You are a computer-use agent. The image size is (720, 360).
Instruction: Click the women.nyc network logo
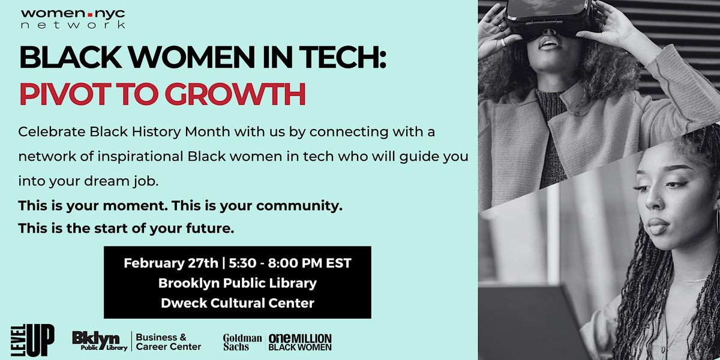[73, 19]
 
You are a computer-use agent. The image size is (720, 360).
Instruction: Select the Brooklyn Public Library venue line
[237, 283]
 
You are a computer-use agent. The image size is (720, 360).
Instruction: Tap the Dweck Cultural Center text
[237, 303]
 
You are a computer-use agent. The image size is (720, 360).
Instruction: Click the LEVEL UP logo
[32, 340]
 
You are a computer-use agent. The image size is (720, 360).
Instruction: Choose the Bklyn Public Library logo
[100, 341]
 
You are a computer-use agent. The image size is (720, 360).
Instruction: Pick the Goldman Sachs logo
[242, 341]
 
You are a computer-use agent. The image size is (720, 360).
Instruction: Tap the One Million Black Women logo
[299, 341]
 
